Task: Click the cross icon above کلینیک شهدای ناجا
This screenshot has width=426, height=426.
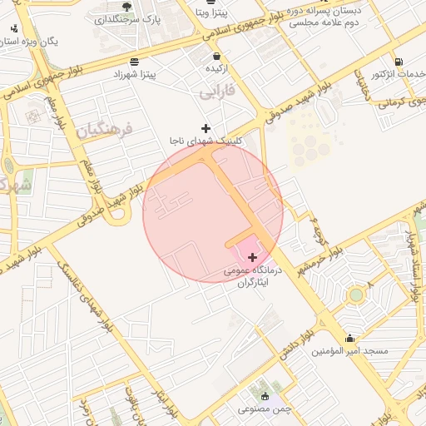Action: click(x=206, y=129)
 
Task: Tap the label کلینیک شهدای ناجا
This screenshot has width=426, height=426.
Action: click(x=206, y=141)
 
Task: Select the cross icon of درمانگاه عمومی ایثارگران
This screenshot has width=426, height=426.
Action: click(x=253, y=258)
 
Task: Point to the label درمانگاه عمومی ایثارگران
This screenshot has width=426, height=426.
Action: click(x=253, y=277)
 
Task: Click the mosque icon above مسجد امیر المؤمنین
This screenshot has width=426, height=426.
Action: click(x=349, y=339)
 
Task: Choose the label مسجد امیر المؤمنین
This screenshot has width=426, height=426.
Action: click(x=349, y=352)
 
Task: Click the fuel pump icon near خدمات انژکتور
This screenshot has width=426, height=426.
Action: click(x=399, y=62)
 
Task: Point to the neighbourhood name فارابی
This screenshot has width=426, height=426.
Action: click(x=219, y=89)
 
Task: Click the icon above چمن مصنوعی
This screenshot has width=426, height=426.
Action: click(x=265, y=395)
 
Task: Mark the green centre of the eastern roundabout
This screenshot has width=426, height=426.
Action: click(x=356, y=294)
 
